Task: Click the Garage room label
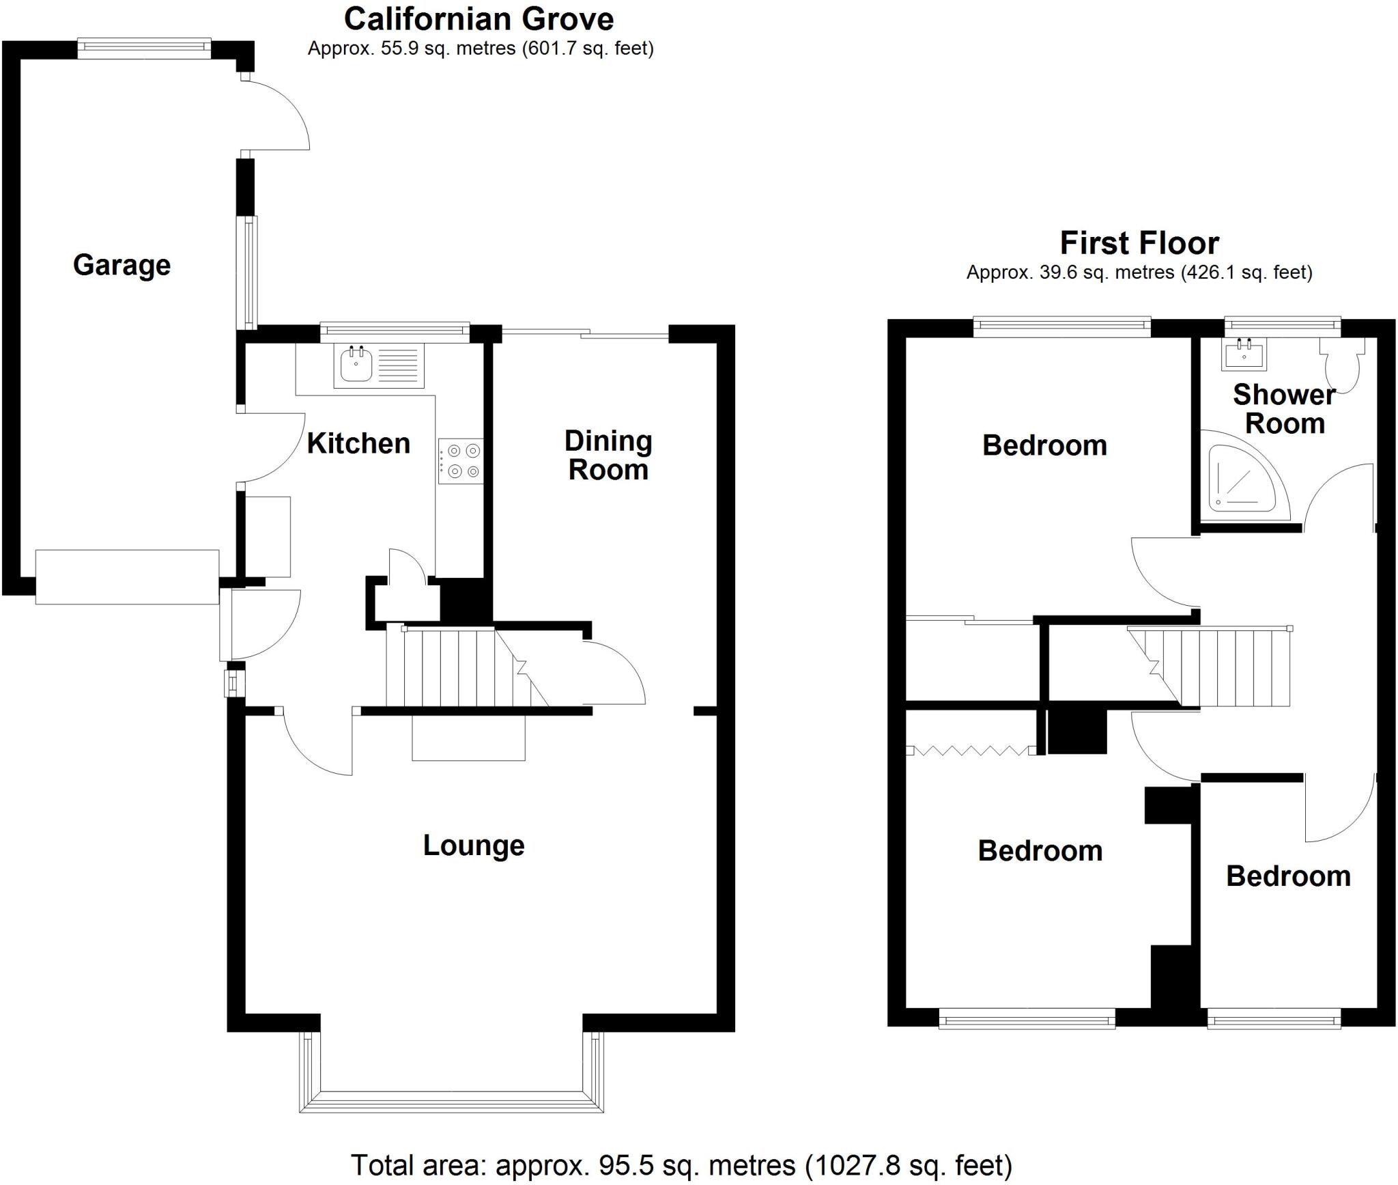pos(122,265)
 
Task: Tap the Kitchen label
pos(358,443)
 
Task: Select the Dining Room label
pos(608,456)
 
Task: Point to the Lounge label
pos(474,846)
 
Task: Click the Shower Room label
pos(1284,409)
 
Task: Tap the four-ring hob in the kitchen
pos(461,461)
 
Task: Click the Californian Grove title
pos(479,19)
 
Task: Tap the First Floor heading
pos(1139,243)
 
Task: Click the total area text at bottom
pos(681,1165)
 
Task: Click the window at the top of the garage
pos(143,46)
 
